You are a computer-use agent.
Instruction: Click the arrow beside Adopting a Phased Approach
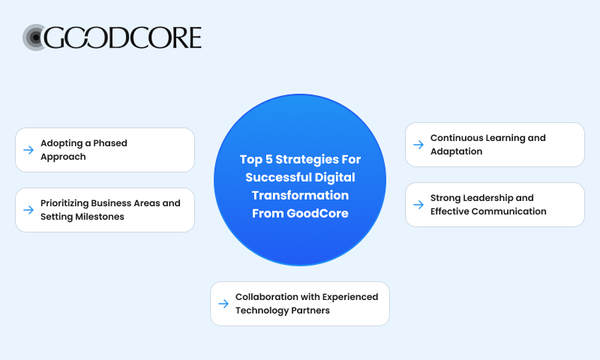click(x=28, y=150)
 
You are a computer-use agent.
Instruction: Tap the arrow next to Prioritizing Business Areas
click(x=28, y=210)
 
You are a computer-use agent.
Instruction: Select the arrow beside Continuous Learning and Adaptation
click(x=418, y=145)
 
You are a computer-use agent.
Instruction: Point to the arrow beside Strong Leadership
click(x=418, y=205)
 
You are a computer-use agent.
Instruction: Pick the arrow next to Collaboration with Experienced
click(x=223, y=304)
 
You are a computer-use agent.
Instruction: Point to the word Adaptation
click(x=457, y=151)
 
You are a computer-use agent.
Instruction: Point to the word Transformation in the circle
click(x=299, y=195)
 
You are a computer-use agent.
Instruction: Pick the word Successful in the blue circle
click(x=273, y=177)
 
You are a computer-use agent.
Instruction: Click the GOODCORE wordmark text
click(x=124, y=37)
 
